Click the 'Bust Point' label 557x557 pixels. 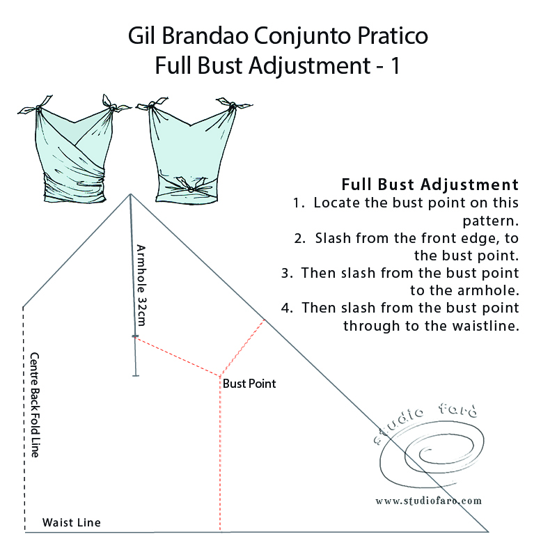[x=249, y=384]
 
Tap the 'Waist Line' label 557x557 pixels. [x=72, y=522]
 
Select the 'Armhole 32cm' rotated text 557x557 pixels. [x=141, y=285]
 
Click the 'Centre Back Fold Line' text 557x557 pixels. [x=34, y=404]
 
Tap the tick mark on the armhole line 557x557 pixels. [x=136, y=337]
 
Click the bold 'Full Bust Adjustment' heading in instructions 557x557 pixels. [x=430, y=185]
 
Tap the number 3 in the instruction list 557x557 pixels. [x=285, y=273]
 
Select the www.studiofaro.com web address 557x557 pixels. [x=428, y=501]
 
